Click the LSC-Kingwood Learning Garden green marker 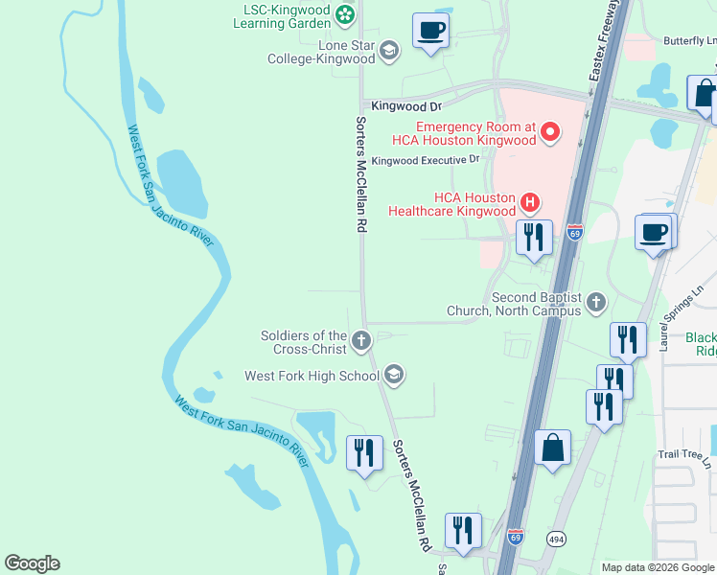click(x=345, y=14)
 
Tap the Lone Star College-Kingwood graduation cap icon click(x=388, y=51)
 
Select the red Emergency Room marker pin click(x=550, y=132)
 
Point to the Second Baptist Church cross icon click(x=595, y=303)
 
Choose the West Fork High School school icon click(x=393, y=375)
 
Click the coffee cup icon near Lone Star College click(x=430, y=31)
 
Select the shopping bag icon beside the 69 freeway click(x=553, y=448)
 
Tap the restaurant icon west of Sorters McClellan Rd click(x=364, y=452)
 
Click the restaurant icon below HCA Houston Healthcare click(x=534, y=237)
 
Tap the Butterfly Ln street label click(x=690, y=42)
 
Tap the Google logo click(x=32, y=563)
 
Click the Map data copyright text click(x=658, y=567)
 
